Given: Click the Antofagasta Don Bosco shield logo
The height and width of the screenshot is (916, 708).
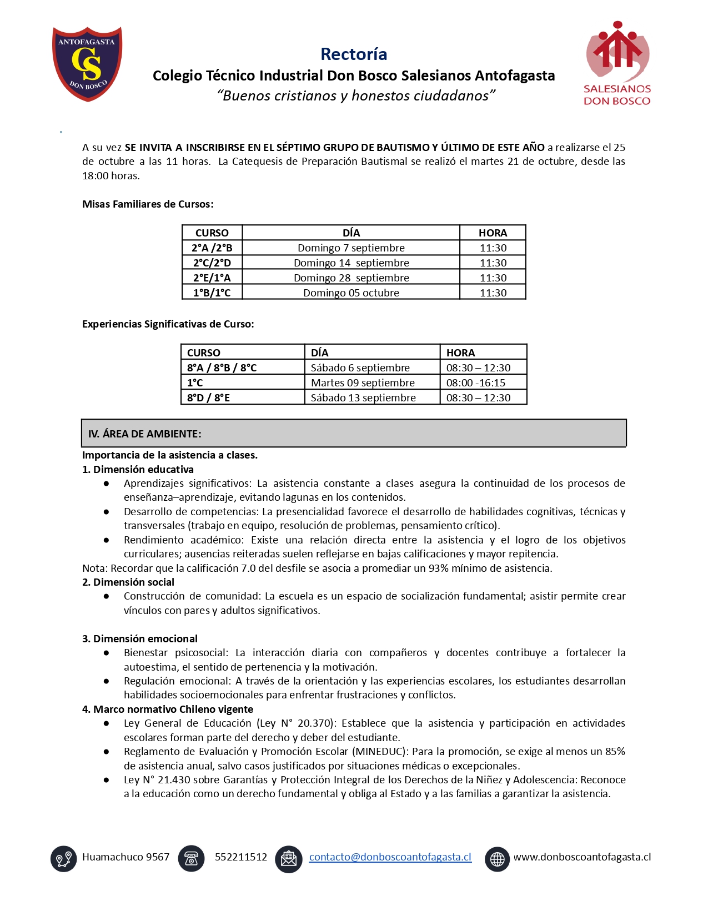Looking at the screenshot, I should click(87, 63).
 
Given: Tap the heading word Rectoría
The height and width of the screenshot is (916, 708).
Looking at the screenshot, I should click(354, 54).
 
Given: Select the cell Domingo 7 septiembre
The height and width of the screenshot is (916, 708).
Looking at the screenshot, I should click(351, 248).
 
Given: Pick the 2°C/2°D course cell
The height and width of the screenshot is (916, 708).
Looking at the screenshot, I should click(212, 263).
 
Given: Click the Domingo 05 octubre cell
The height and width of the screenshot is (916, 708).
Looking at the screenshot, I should click(351, 293).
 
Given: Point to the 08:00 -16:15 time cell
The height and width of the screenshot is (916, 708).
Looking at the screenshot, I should click(476, 382).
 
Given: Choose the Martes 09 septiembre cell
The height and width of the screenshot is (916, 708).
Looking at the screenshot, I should click(363, 382).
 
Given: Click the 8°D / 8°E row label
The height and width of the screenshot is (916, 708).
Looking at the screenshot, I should click(208, 397).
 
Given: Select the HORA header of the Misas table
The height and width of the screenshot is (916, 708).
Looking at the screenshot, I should click(493, 233).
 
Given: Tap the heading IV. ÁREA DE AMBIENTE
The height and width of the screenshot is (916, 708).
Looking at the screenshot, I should click(145, 434).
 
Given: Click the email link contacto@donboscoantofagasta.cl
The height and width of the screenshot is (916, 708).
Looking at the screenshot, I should click(390, 857).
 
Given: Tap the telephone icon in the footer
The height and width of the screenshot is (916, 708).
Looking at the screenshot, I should click(192, 858).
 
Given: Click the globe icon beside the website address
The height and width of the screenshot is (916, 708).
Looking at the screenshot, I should click(497, 859).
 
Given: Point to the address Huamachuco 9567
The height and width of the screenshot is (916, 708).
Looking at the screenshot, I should click(125, 857).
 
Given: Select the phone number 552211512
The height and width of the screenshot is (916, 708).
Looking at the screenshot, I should click(241, 857).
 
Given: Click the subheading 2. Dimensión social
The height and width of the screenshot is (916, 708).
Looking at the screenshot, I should click(128, 582).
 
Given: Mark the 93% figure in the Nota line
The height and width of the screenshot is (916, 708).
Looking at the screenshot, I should click(438, 568).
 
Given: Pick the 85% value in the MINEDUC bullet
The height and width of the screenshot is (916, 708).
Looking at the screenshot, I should click(615, 751).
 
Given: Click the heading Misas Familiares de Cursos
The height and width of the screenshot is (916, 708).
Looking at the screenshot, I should click(148, 204).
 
